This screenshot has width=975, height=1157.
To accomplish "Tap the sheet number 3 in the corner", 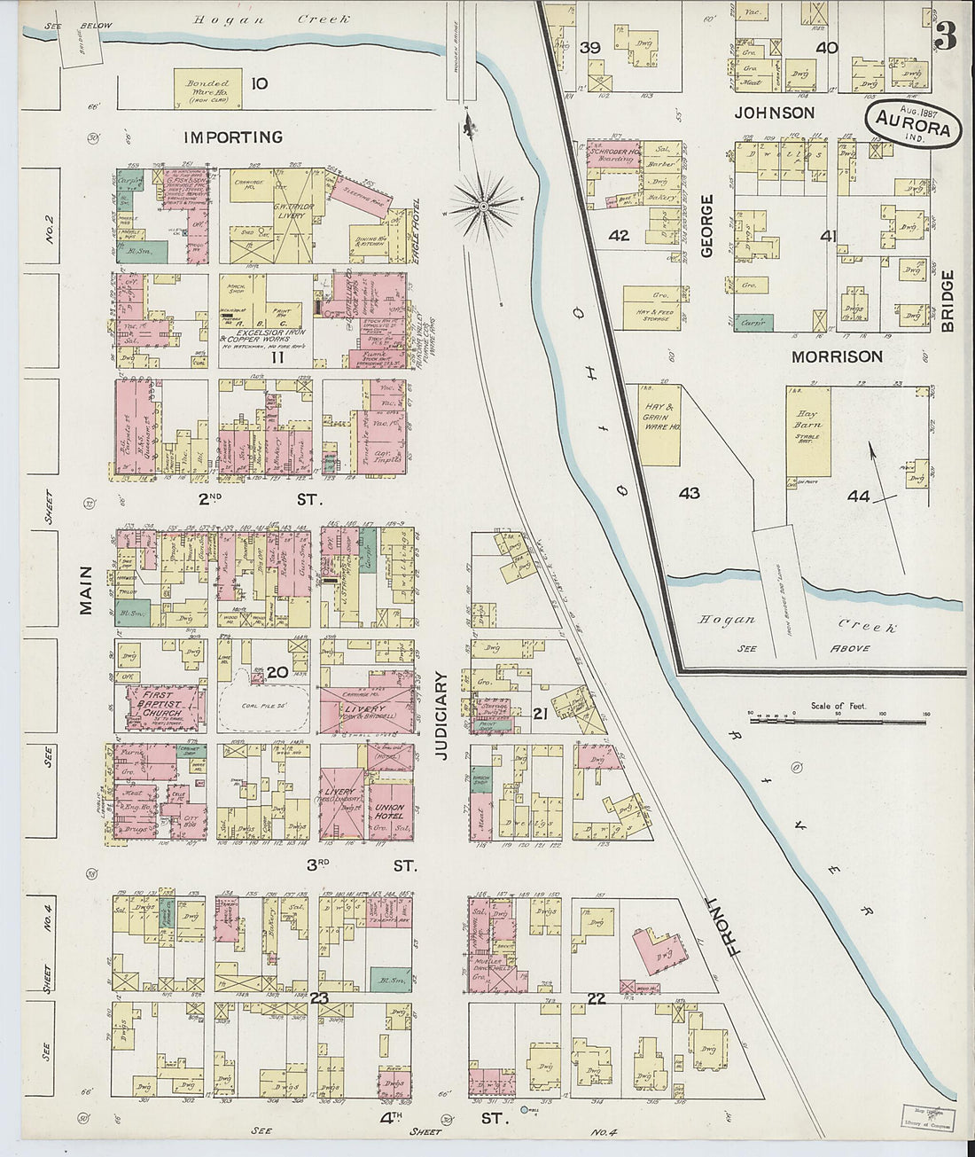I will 946,36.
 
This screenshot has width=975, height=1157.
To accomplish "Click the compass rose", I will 485,207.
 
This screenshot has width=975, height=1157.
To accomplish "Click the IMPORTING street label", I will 233,137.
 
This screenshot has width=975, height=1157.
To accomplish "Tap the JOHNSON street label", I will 774,113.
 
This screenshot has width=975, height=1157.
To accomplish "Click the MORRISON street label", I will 837,356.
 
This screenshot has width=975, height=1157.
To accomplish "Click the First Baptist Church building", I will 162,706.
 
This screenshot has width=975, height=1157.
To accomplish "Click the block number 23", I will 319,998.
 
